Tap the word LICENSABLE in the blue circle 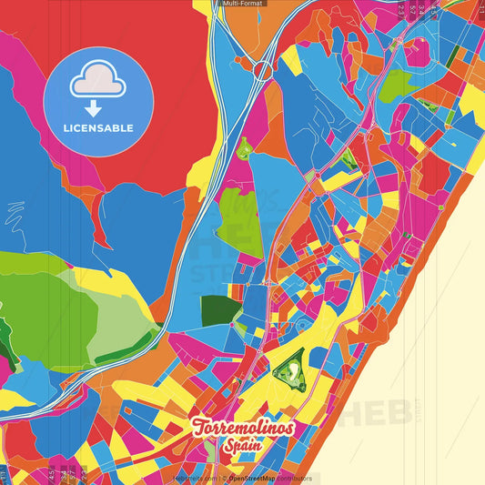point(98,128)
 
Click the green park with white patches point(291,369)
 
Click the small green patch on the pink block point(243,147)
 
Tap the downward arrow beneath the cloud point(94,107)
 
